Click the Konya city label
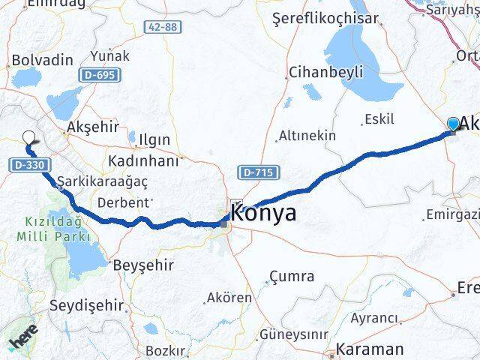(x=264, y=213)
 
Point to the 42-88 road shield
(x=163, y=26)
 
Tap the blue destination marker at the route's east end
(x=453, y=124)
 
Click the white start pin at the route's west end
(x=29, y=138)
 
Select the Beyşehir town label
(x=142, y=265)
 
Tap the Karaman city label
(x=370, y=349)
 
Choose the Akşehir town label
(x=93, y=126)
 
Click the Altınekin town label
(x=307, y=136)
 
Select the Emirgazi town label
(x=452, y=216)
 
